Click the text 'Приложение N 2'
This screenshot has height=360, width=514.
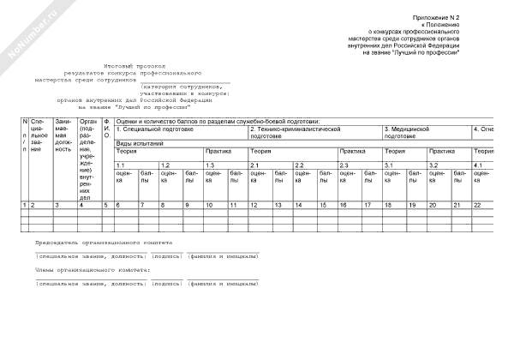coord(437,17)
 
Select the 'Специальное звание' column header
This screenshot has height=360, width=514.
coord(36,137)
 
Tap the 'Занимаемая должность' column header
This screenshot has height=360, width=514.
coord(63,137)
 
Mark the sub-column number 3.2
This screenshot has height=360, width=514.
coord(434,165)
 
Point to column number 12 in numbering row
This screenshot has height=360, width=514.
coord(254,206)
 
